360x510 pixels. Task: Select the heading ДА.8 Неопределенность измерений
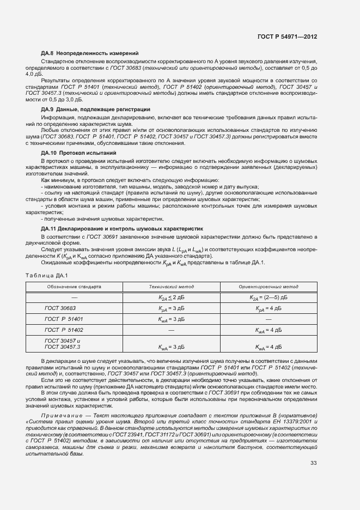click(90, 53)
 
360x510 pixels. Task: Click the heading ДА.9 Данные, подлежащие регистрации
click(95, 110)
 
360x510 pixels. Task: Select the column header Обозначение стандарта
click(74, 286)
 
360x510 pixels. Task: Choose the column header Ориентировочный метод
click(268, 286)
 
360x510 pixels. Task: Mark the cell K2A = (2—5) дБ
click(268, 297)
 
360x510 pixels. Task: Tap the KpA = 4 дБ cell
click(268, 308)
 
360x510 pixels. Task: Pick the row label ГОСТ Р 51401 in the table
click(64, 319)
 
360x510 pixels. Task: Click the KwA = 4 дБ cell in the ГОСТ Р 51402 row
click(268, 330)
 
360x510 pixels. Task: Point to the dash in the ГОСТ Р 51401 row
click(268, 319)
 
